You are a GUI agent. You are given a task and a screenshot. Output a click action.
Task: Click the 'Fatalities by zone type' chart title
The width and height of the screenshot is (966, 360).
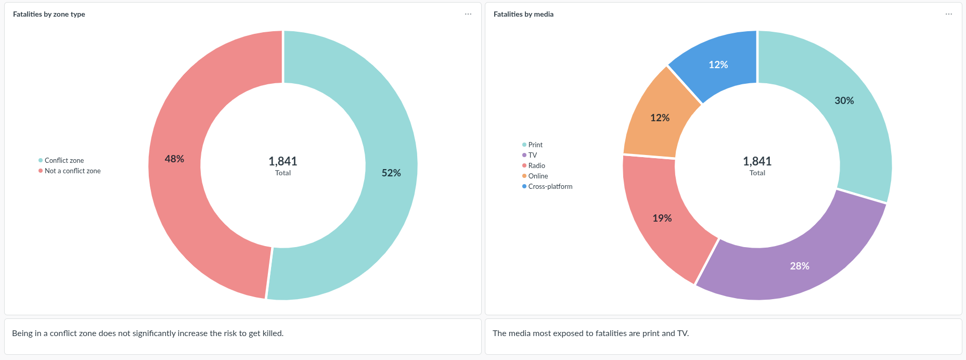pos(49,15)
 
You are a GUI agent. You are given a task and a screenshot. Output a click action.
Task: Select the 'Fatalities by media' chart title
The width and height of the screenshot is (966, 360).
pos(523,15)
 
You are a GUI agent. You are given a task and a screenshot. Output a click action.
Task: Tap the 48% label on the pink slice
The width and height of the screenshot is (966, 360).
pos(174,159)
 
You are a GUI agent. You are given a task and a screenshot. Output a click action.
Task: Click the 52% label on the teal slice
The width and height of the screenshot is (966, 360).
pos(391,173)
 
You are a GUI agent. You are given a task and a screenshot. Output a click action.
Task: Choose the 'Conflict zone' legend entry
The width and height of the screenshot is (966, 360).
pos(64,161)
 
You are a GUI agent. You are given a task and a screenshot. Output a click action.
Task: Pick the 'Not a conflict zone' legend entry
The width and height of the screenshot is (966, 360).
pos(72,171)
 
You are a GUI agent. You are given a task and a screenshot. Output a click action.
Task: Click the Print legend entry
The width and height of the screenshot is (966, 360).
pos(535,145)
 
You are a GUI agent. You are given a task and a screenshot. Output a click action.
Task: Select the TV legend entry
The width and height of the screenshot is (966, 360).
pos(532,156)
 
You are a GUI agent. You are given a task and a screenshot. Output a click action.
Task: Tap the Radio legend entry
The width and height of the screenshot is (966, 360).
pos(536,166)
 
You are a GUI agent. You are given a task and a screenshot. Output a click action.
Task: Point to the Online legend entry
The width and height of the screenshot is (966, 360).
pos(538,176)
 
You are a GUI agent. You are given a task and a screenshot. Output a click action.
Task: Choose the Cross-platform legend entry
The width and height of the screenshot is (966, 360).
pos(550,187)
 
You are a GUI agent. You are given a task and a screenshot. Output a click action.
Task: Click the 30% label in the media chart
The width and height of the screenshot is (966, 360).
pos(844,101)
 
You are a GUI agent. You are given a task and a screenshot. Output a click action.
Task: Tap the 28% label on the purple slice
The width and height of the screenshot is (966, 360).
pos(800,266)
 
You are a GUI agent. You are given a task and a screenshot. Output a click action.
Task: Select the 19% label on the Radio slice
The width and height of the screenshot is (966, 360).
pos(662,218)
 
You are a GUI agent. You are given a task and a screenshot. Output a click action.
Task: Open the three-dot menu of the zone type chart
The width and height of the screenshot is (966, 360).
pos(468,15)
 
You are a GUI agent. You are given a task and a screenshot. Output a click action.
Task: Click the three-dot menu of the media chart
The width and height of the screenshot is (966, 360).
pos(949,15)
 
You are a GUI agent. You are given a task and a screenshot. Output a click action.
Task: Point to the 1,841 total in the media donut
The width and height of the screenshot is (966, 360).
pos(757,162)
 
